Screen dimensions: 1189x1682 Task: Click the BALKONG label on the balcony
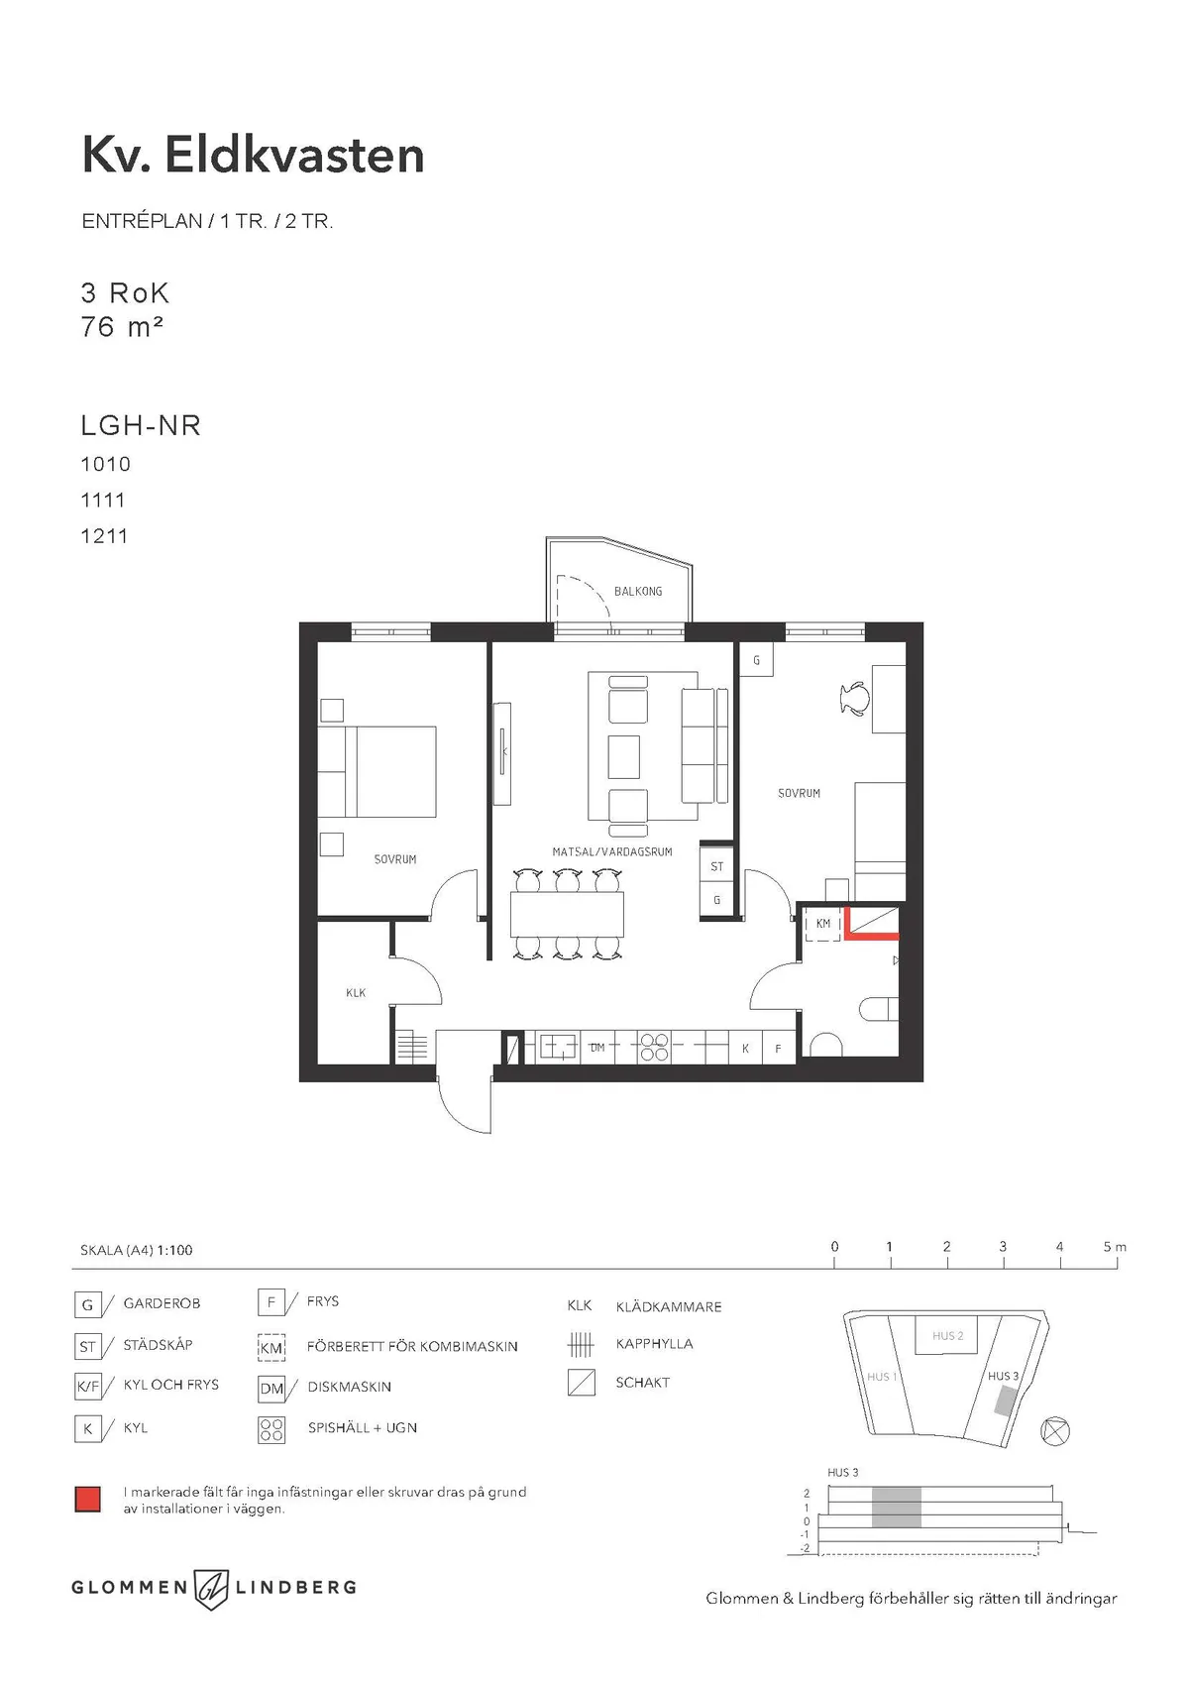pyautogui.click(x=638, y=591)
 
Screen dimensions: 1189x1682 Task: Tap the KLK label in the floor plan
pyautogui.click(x=356, y=993)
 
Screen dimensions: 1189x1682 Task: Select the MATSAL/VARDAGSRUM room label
pyautogui.click(x=611, y=851)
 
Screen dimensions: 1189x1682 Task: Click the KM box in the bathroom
pyautogui.click(x=823, y=924)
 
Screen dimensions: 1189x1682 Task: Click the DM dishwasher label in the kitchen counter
pyautogui.click(x=597, y=1048)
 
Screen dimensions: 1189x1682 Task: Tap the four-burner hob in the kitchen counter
pyautogui.click(x=654, y=1048)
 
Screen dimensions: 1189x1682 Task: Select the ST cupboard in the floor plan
pyautogui.click(x=716, y=866)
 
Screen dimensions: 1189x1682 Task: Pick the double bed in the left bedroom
pyautogui.click(x=378, y=771)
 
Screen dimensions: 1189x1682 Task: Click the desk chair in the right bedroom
pyautogui.click(x=854, y=698)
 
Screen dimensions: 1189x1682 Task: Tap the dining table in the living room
pyautogui.click(x=567, y=914)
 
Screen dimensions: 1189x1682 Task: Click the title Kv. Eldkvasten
pyautogui.click(x=253, y=156)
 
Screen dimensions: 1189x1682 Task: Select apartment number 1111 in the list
pyautogui.click(x=103, y=501)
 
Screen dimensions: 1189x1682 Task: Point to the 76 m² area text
pyautogui.click(x=122, y=327)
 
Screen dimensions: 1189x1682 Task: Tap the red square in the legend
pyautogui.click(x=88, y=1499)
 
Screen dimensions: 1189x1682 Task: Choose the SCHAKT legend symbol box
pyautogui.click(x=582, y=1383)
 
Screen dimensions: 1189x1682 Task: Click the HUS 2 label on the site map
pyautogui.click(x=947, y=1336)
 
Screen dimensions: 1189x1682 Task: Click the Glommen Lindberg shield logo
pyautogui.click(x=212, y=1589)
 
